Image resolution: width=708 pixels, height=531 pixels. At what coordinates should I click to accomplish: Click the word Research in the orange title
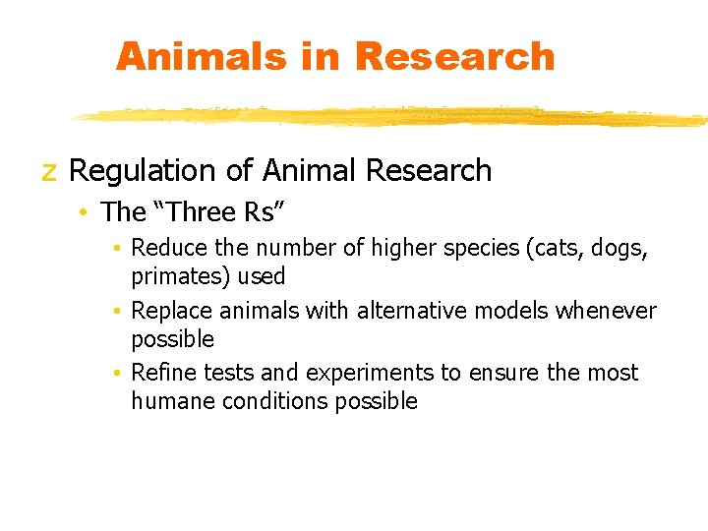click(x=454, y=56)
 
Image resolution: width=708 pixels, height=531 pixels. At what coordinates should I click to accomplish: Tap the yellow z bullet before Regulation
click(x=48, y=172)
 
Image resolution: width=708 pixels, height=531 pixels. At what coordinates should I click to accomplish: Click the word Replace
click(x=170, y=311)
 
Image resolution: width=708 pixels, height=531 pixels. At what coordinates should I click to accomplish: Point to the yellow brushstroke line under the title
click(x=393, y=116)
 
